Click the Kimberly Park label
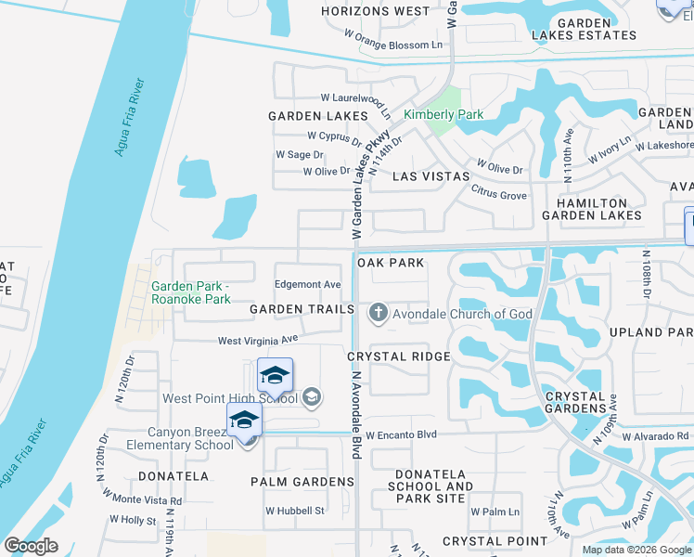[443, 115]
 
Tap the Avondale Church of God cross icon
[378, 314]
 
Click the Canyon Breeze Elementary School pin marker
[244, 421]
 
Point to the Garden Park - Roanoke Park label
[191, 293]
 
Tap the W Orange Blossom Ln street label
[394, 45]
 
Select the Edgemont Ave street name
[308, 285]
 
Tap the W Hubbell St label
[295, 511]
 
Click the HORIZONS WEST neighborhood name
[376, 12]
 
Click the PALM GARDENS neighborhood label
[302, 482]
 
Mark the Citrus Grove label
[500, 196]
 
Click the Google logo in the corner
[31, 546]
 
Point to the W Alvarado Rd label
[656, 436]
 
